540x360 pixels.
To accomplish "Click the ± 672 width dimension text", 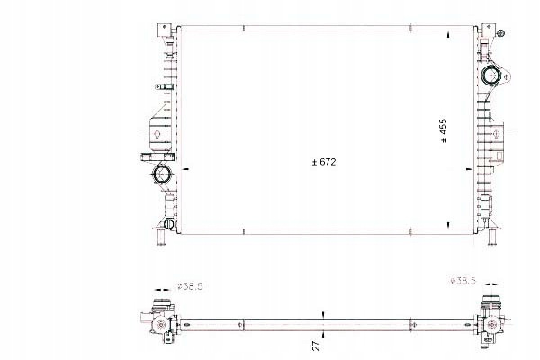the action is coord(324,162).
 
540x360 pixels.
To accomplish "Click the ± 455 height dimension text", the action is coord(444,130).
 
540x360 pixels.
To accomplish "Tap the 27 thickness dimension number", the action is coord(316,346).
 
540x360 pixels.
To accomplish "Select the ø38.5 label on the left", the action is coord(190,286).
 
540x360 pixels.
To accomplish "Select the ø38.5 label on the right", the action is coord(463,281).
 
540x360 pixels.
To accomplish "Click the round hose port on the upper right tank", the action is coord(490,76).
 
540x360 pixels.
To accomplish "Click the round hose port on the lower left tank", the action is coord(162,174).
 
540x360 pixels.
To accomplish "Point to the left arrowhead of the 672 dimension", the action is coord(186,169).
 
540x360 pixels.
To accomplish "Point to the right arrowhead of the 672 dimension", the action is coord(469,169).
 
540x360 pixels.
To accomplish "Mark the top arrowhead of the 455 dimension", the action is coord(448,35).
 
